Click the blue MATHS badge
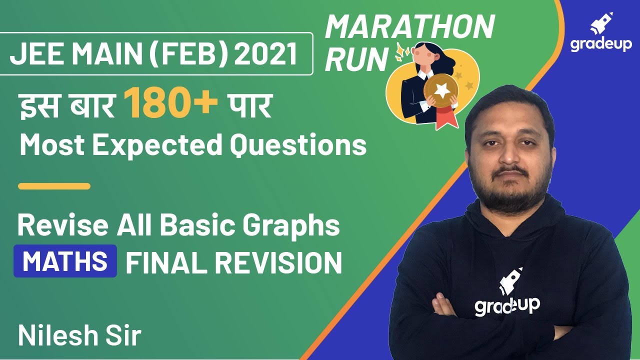pos(65,261)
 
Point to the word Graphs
pos(292,225)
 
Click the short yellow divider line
pos(54,186)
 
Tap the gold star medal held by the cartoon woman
pos(441,90)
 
